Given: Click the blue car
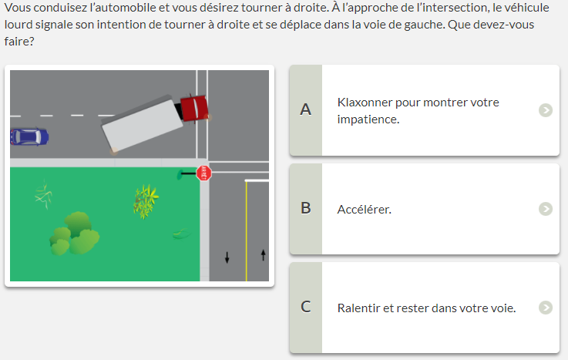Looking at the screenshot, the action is click(x=29, y=137).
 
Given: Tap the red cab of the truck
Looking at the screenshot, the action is click(x=194, y=108).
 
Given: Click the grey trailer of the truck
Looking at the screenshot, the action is click(x=142, y=124).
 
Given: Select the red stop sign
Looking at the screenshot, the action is click(x=204, y=173).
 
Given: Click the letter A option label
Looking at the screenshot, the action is click(x=305, y=109).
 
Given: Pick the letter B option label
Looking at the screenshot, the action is click(x=305, y=208).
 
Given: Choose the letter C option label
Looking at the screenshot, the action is click(x=305, y=307).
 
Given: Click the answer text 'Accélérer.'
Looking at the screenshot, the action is click(x=364, y=210).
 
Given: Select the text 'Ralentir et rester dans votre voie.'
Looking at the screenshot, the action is click(x=426, y=308).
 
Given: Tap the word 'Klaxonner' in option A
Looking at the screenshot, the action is click(x=365, y=103).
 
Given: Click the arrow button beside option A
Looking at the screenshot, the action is click(x=546, y=110).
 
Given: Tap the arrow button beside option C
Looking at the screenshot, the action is click(x=546, y=308).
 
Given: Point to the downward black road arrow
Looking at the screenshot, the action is click(x=227, y=257).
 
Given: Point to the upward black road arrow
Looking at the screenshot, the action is click(x=264, y=255).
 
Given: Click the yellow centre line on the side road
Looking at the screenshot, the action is click(x=247, y=231).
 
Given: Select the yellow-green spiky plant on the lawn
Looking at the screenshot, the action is click(x=146, y=201).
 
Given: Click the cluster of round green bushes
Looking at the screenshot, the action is click(x=74, y=234).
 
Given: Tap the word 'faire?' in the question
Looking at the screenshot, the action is click(x=19, y=42).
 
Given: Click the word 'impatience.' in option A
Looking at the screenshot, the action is click(x=368, y=119).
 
